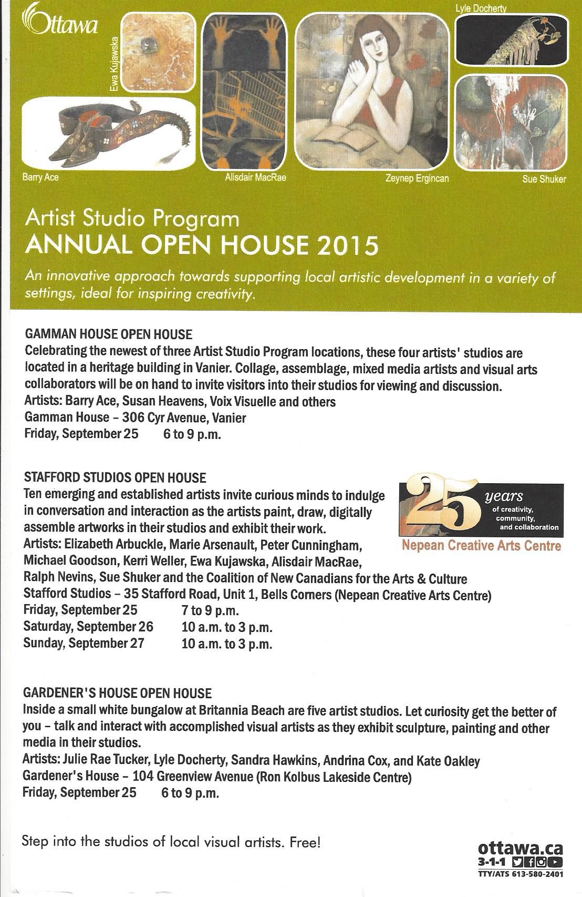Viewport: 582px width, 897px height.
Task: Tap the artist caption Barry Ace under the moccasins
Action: tap(40, 177)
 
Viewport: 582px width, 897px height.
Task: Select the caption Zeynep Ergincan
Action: tap(417, 178)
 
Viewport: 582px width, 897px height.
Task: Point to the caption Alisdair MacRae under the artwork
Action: tap(255, 177)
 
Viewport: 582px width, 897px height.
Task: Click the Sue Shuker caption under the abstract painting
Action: tap(544, 179)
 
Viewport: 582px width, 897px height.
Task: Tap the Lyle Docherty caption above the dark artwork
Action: tap(481, 8)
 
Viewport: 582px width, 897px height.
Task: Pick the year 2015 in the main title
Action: tap(350, 246)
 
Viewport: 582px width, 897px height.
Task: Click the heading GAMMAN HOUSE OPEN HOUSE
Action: tap(108, 334)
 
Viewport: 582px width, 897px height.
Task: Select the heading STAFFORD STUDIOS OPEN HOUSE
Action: tap(115, 477)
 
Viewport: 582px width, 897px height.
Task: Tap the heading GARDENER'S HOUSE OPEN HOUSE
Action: tap(117, 693)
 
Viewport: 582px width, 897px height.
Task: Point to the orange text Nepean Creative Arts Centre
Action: tap(481, 546)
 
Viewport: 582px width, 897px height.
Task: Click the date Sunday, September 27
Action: tap(84, 643)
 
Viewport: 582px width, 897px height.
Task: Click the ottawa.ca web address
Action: tap(521, 848)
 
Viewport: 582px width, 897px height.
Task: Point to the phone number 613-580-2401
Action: tap(536, 874)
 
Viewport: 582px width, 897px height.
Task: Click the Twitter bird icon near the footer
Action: tap(517, 862)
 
